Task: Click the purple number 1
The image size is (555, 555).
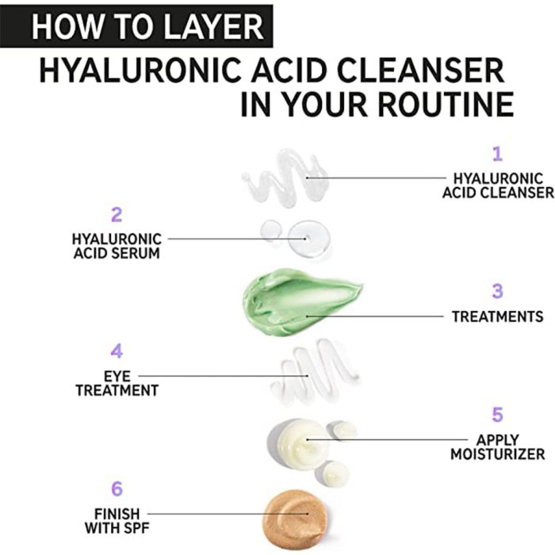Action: [x=497, y=154]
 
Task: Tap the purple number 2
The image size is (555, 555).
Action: [x=117, y=215]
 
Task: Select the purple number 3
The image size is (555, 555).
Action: [x=497, y=291]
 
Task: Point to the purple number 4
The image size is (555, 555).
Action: [x=117, y=350]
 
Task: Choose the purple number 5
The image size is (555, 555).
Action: [x=497, y=415]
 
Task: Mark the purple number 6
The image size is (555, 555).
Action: [x=117, y=489]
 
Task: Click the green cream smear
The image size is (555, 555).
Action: [x=300, y=301]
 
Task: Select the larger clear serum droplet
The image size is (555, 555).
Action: [x=308, y=238]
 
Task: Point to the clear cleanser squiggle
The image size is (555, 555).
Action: [x=285, y=178]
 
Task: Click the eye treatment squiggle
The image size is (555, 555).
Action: [x=315, y=372]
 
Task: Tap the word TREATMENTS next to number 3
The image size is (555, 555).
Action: [x=497, y=317]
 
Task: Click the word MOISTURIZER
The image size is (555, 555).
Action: [x=497, y=454]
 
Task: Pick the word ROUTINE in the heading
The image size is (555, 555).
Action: [x=446, y=104]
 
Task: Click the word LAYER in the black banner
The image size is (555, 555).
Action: [x=214, y=26]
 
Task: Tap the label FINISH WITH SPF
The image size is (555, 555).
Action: [x=117, y=521]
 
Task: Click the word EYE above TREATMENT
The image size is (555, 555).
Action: [x=117, y=376]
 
